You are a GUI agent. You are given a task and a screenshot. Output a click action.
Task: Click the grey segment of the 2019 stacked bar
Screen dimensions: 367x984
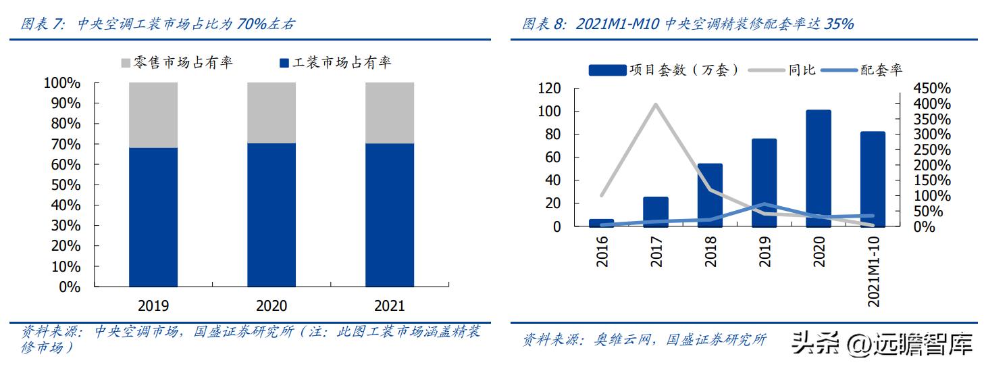tap(153, 115)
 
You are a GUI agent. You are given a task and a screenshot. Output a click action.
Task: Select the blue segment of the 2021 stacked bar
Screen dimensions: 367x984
tap(390, 215)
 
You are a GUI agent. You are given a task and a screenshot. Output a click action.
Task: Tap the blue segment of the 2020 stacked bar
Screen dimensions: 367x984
tap(271, 215)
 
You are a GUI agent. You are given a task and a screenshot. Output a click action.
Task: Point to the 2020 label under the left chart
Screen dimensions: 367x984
tap(271, 305)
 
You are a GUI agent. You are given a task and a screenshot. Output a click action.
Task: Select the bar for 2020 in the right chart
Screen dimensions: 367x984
tap(818, 168)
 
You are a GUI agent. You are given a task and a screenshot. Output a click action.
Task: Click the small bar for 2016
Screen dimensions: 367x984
tap(602, 223)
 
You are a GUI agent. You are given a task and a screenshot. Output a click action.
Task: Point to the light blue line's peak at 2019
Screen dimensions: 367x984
tap(764, 204)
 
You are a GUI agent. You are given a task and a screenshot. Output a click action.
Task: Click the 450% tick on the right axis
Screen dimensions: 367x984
tap(931, 89)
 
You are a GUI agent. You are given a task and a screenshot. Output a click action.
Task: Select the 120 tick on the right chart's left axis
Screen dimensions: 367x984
tap(549, 89)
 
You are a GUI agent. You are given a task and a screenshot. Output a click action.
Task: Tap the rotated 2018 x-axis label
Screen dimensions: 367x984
tap(710, 251)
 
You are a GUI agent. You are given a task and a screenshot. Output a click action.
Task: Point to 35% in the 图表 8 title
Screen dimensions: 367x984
tap(839, 24)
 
